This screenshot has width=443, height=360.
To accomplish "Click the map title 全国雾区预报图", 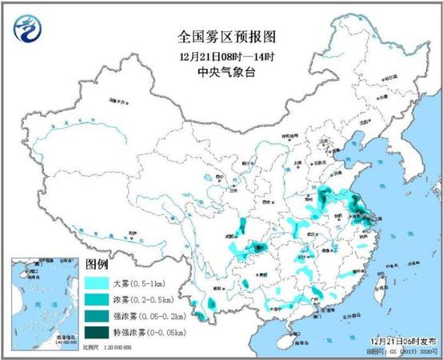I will [x=221, y=38].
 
